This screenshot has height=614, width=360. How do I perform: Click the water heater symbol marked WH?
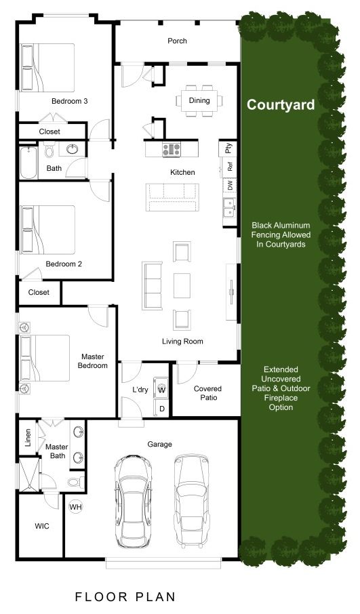(76, 507)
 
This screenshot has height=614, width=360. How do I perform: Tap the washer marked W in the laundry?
(161, 390)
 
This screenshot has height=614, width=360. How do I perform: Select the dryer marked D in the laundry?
(162, 409)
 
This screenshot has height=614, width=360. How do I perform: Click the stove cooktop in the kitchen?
(172, 149)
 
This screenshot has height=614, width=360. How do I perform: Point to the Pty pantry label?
(228, 148)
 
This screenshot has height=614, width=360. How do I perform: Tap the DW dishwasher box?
(230, 185)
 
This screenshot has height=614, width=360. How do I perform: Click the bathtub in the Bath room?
(28, 163)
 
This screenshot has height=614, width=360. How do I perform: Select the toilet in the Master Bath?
(76, 482)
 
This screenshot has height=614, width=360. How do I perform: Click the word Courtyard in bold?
(281, 104)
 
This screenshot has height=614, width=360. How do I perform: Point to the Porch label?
(177, 41)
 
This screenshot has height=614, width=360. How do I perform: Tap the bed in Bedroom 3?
(47, 67)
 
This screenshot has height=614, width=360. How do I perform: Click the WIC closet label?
(42, 526)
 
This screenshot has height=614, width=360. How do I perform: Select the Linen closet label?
(28, 438)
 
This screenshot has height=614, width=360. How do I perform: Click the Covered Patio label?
(207, 393)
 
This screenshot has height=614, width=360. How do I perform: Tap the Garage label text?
(159, 445)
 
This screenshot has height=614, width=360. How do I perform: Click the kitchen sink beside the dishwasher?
(229, 207)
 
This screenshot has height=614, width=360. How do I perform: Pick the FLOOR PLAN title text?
(125, 597)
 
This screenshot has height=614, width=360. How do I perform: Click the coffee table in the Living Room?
(182, 285)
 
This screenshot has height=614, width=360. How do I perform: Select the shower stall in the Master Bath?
(29, 474)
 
